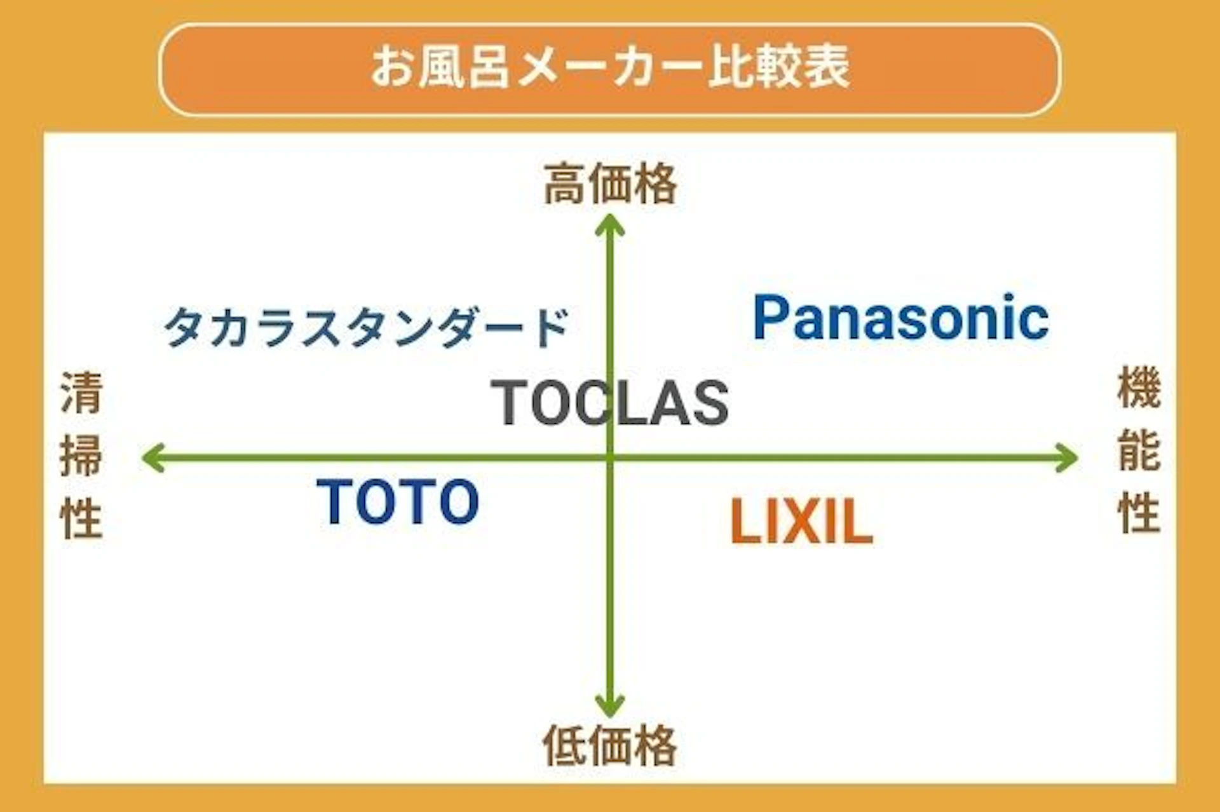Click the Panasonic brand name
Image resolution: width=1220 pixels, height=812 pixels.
click(x=900, y=318)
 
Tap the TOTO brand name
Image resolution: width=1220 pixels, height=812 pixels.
click(x=398, y=501)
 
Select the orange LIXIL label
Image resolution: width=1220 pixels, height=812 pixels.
click(x=802, y=521)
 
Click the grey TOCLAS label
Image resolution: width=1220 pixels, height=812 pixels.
click(x=610, y=403)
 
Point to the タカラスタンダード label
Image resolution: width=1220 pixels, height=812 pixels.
click(x=367, y=327)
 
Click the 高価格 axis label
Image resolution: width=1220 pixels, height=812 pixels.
click(x=610, y=184)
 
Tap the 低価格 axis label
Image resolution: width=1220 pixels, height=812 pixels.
click(x=610, y=745)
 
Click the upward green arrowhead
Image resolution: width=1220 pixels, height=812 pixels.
click(x=610, y=226)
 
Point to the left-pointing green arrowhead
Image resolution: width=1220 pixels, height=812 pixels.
click(x=152, y=458)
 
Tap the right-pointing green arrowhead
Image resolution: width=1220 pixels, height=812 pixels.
click(x=1067, y=458)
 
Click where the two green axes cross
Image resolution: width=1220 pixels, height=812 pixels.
click(x=611, y=457)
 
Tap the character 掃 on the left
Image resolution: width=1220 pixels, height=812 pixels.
click(x=81, y=456)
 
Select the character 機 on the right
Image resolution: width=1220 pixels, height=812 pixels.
click(x=1139, y=387)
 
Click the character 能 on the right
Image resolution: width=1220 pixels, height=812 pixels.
click(x=1139, y=450)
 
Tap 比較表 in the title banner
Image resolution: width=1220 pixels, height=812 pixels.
click(x=779, y=67)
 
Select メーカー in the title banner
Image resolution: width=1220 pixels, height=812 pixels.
click(x=610, y=67)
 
